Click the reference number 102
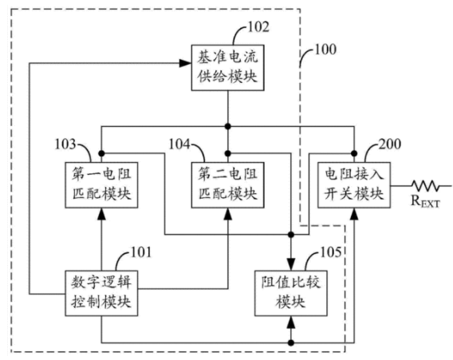[x=258, y=27]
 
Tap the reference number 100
[x=325, y=49]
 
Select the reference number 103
[x=65, y=144]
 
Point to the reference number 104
[x=179, y=144]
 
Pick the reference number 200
[x=390, y=144]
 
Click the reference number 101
[x=141, y=252]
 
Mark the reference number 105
[x=331, y=252]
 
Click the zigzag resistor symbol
[x=425, y=185]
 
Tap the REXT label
[x=425, y=201]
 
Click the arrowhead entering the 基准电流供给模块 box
[x=185, y=63]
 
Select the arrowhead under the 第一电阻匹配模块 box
[x=101, y=214]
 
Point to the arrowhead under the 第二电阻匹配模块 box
[x=228, y=214]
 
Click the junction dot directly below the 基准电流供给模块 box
[x=228, y=126]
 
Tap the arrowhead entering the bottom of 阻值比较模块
[x=291, y=322]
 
